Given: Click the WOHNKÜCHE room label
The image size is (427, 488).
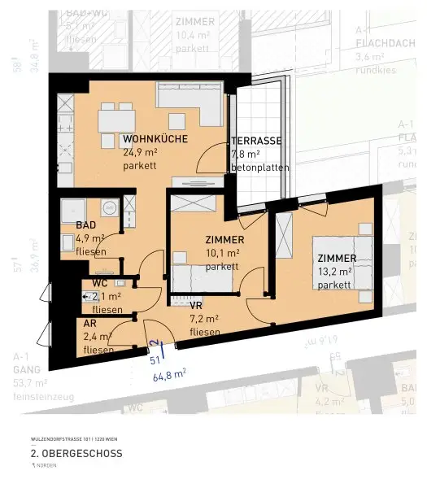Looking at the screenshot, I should coord(155,139).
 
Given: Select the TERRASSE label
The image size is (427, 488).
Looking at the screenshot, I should coord(256,141).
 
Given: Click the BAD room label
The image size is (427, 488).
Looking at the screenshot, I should coord(86,225).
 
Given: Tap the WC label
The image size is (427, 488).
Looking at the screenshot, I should coord(99,283).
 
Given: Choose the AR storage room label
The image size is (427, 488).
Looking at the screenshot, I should coord(90,324).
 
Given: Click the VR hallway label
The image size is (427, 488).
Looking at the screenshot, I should coord(196,306).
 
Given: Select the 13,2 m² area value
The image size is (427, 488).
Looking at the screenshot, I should coord(334,272).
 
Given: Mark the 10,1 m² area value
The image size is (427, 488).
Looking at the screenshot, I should coord(222,253).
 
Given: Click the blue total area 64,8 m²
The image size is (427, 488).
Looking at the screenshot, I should coord(168,375).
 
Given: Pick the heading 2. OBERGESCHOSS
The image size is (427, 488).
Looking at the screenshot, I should coord(76,453).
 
